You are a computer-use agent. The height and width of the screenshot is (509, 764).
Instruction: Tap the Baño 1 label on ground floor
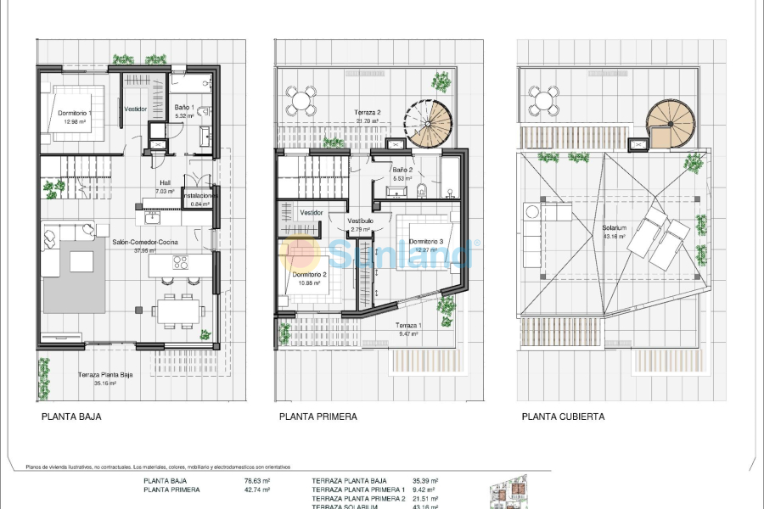(184, 108)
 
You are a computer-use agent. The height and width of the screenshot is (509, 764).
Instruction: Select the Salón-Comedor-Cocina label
(145, 242)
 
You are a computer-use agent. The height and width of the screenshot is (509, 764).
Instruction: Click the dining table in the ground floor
(179, 310)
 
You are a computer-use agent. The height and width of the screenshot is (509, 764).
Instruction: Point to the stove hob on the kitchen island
(180, 263)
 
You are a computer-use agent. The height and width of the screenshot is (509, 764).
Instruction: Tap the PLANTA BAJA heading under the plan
(71, 417)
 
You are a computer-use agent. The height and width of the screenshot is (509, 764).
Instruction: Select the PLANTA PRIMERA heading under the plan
(318, 417)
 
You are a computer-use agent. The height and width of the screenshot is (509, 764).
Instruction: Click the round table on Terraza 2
(300, 102)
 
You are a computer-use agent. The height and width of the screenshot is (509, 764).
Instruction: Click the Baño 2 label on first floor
(402, 170)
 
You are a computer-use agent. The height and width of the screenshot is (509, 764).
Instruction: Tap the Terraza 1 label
(408, 326)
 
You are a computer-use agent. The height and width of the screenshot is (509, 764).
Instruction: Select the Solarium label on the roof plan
(614, 228)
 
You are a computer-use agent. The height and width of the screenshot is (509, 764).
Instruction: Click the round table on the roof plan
(543, 102)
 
